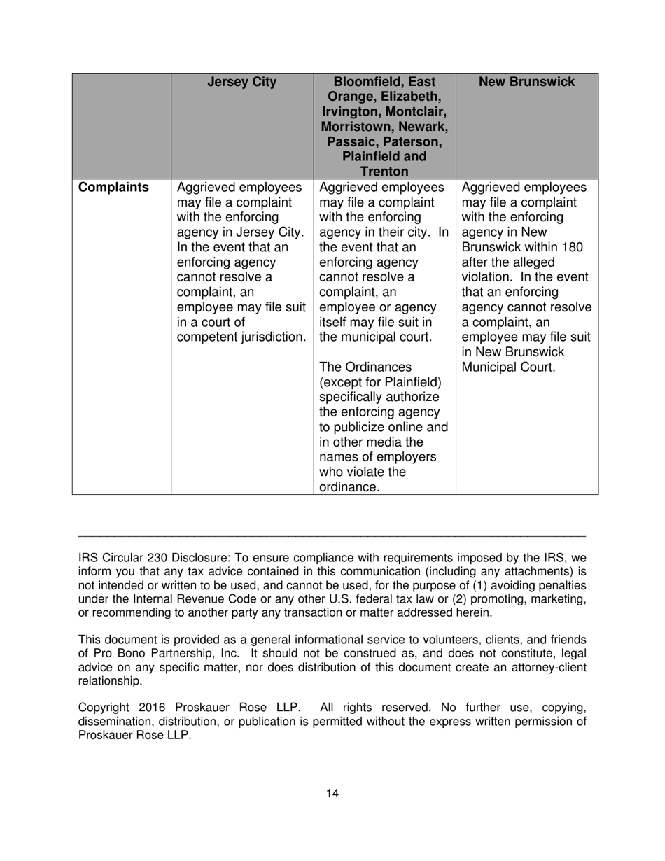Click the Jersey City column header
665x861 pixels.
click(x=242, y=83)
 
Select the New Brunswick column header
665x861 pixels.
click(x=527, y=83)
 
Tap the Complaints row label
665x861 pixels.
click(x=113, y=188)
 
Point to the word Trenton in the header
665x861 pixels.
click(x=385, y=171)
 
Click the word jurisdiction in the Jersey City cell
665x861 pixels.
click(x=272, y=337)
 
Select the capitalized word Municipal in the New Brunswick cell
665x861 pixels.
click(x=491, y=367)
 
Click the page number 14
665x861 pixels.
click(x=332, y=793)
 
